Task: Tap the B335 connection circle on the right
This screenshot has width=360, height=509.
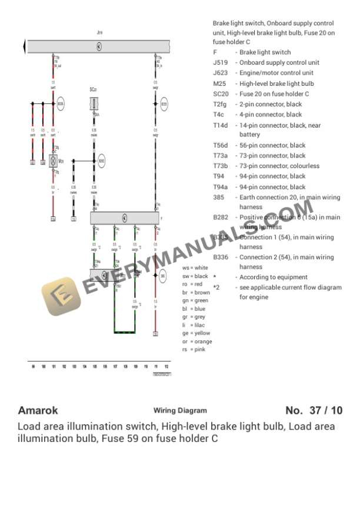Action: (164, 105)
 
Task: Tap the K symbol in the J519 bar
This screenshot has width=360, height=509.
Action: (99, 46)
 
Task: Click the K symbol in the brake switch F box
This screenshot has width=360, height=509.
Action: (125, 218)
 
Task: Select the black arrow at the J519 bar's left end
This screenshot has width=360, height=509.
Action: (24, 46)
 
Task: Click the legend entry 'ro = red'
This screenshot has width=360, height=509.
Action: (195, 284)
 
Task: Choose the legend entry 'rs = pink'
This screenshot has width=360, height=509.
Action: (194, 350)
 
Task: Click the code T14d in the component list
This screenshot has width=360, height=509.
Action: (221, 125)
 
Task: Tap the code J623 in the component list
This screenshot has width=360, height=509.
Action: (221, 73)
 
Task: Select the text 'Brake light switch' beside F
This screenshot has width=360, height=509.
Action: (265, 52)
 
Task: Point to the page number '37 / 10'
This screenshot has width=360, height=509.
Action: (328, 410)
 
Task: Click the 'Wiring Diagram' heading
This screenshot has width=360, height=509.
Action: (180, 411)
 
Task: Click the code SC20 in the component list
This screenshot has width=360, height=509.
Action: (221, 94)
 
